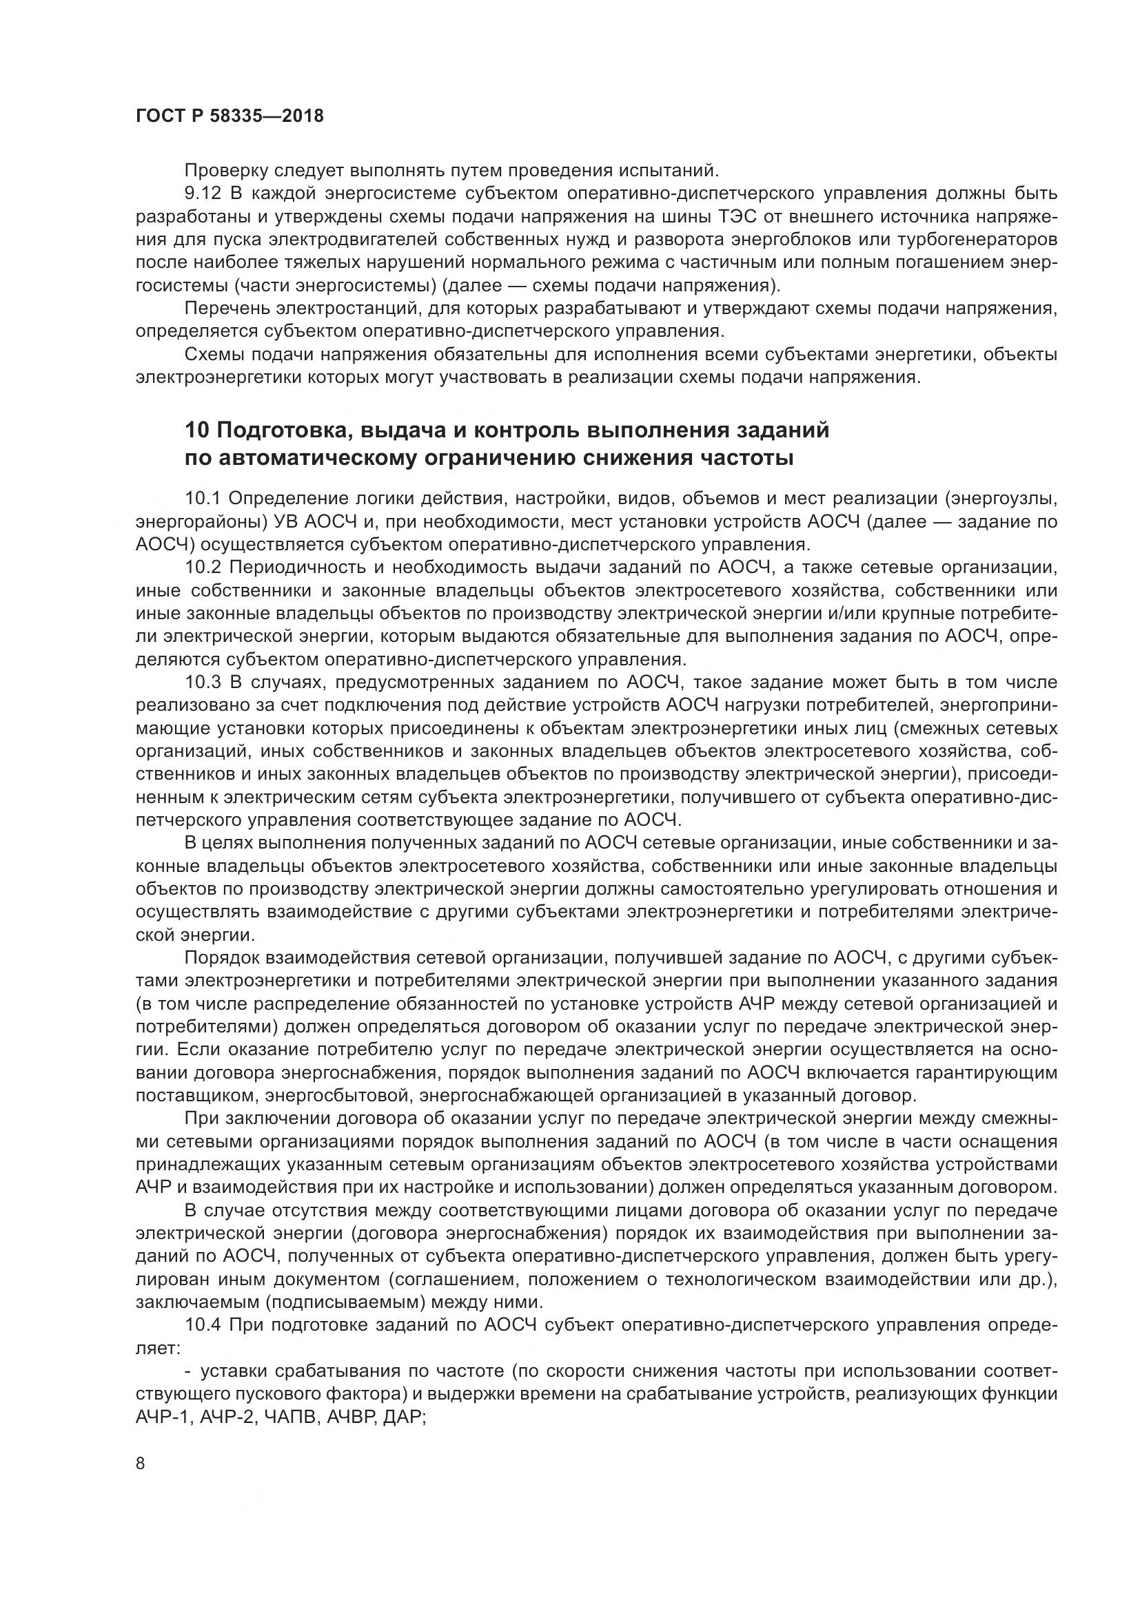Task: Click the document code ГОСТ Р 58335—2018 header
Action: (x=230, y=116)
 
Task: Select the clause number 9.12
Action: (x=203, y=194)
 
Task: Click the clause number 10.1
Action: (x=203, y=499)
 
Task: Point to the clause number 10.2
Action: (x=203, y=567)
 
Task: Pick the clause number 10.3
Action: (x=203, y=682)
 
